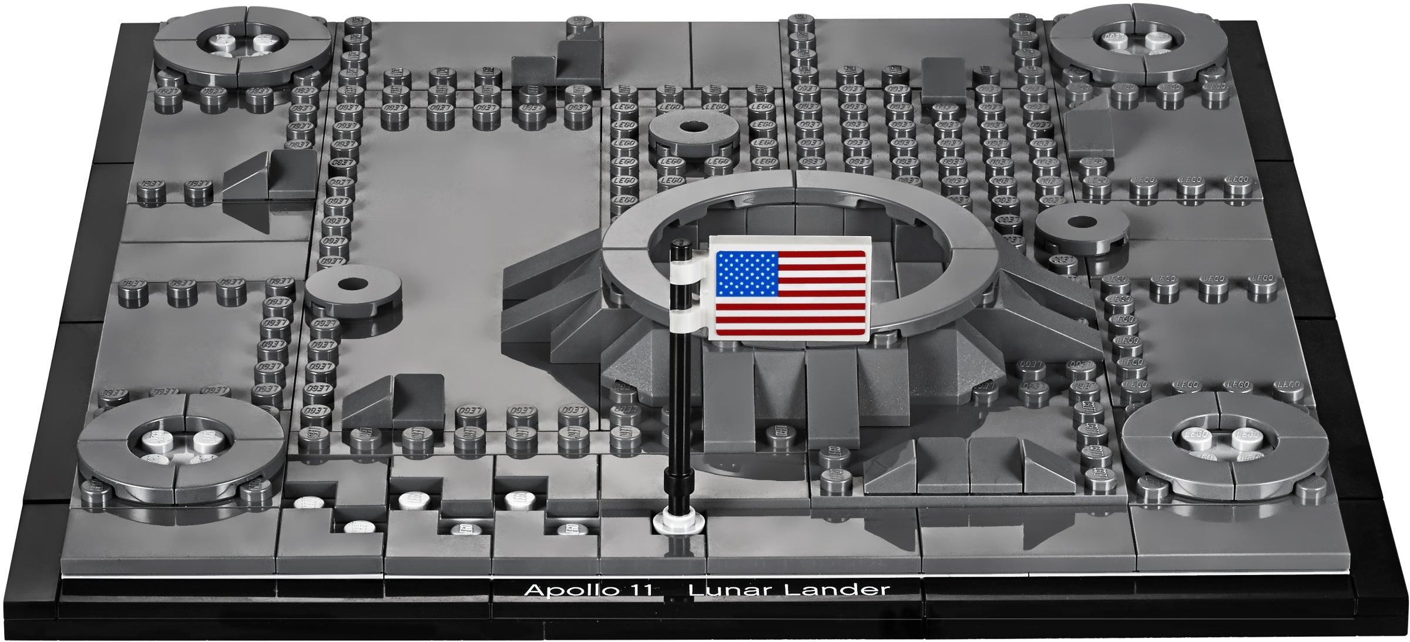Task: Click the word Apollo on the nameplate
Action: pyautogui.click(x=567, y=589)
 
